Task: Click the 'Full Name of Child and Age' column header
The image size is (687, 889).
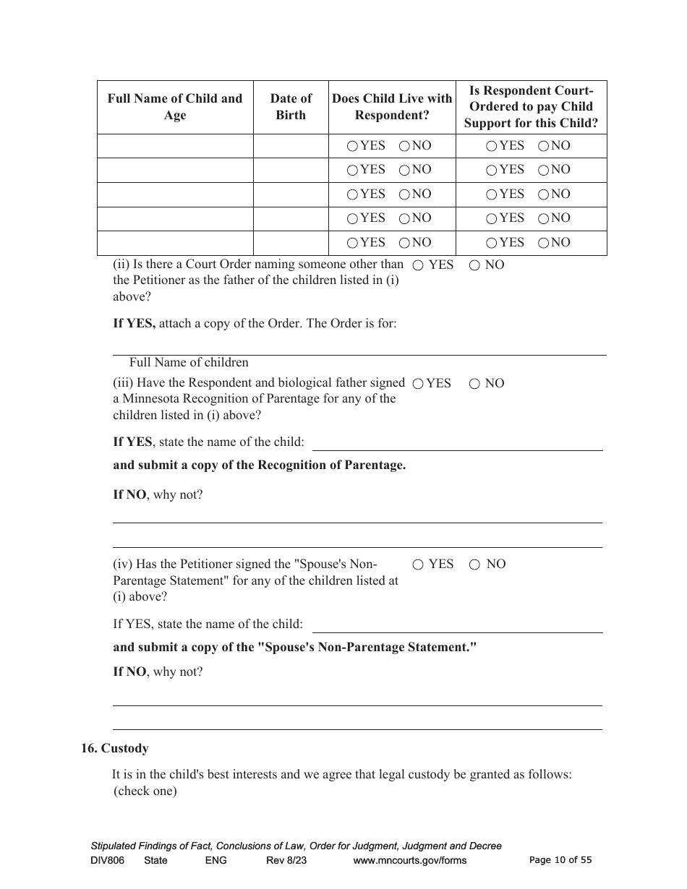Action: click(175, 107)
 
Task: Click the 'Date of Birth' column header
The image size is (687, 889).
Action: click(291, 107)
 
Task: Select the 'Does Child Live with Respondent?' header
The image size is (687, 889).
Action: click(392, 107)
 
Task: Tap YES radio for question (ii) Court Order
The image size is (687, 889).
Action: click(417, 265)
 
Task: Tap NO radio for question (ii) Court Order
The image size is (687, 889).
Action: click(474, 265)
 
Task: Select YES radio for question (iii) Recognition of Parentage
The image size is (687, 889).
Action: click(417, 384)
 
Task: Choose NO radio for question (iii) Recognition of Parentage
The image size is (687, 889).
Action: click(474, 384)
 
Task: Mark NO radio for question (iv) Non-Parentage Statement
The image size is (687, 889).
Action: click(474, 564)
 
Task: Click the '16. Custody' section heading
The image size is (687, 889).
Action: click(114, 748)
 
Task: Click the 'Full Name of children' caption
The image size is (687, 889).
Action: click(189, 362)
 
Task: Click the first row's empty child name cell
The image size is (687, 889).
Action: click(175, 146)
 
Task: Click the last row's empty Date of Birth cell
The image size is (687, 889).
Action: click(291, 243)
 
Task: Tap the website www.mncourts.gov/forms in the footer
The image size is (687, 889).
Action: click(409, 860)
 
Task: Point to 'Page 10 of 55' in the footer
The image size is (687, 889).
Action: click(560, 860)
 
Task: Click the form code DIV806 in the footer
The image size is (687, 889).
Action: click(108, 860)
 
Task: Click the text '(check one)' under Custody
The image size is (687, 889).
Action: click(145, 791)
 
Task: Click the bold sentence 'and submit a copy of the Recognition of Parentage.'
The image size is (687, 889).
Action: click(259, 465)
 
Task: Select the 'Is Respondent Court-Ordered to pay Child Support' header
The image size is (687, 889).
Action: click(531, 107)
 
